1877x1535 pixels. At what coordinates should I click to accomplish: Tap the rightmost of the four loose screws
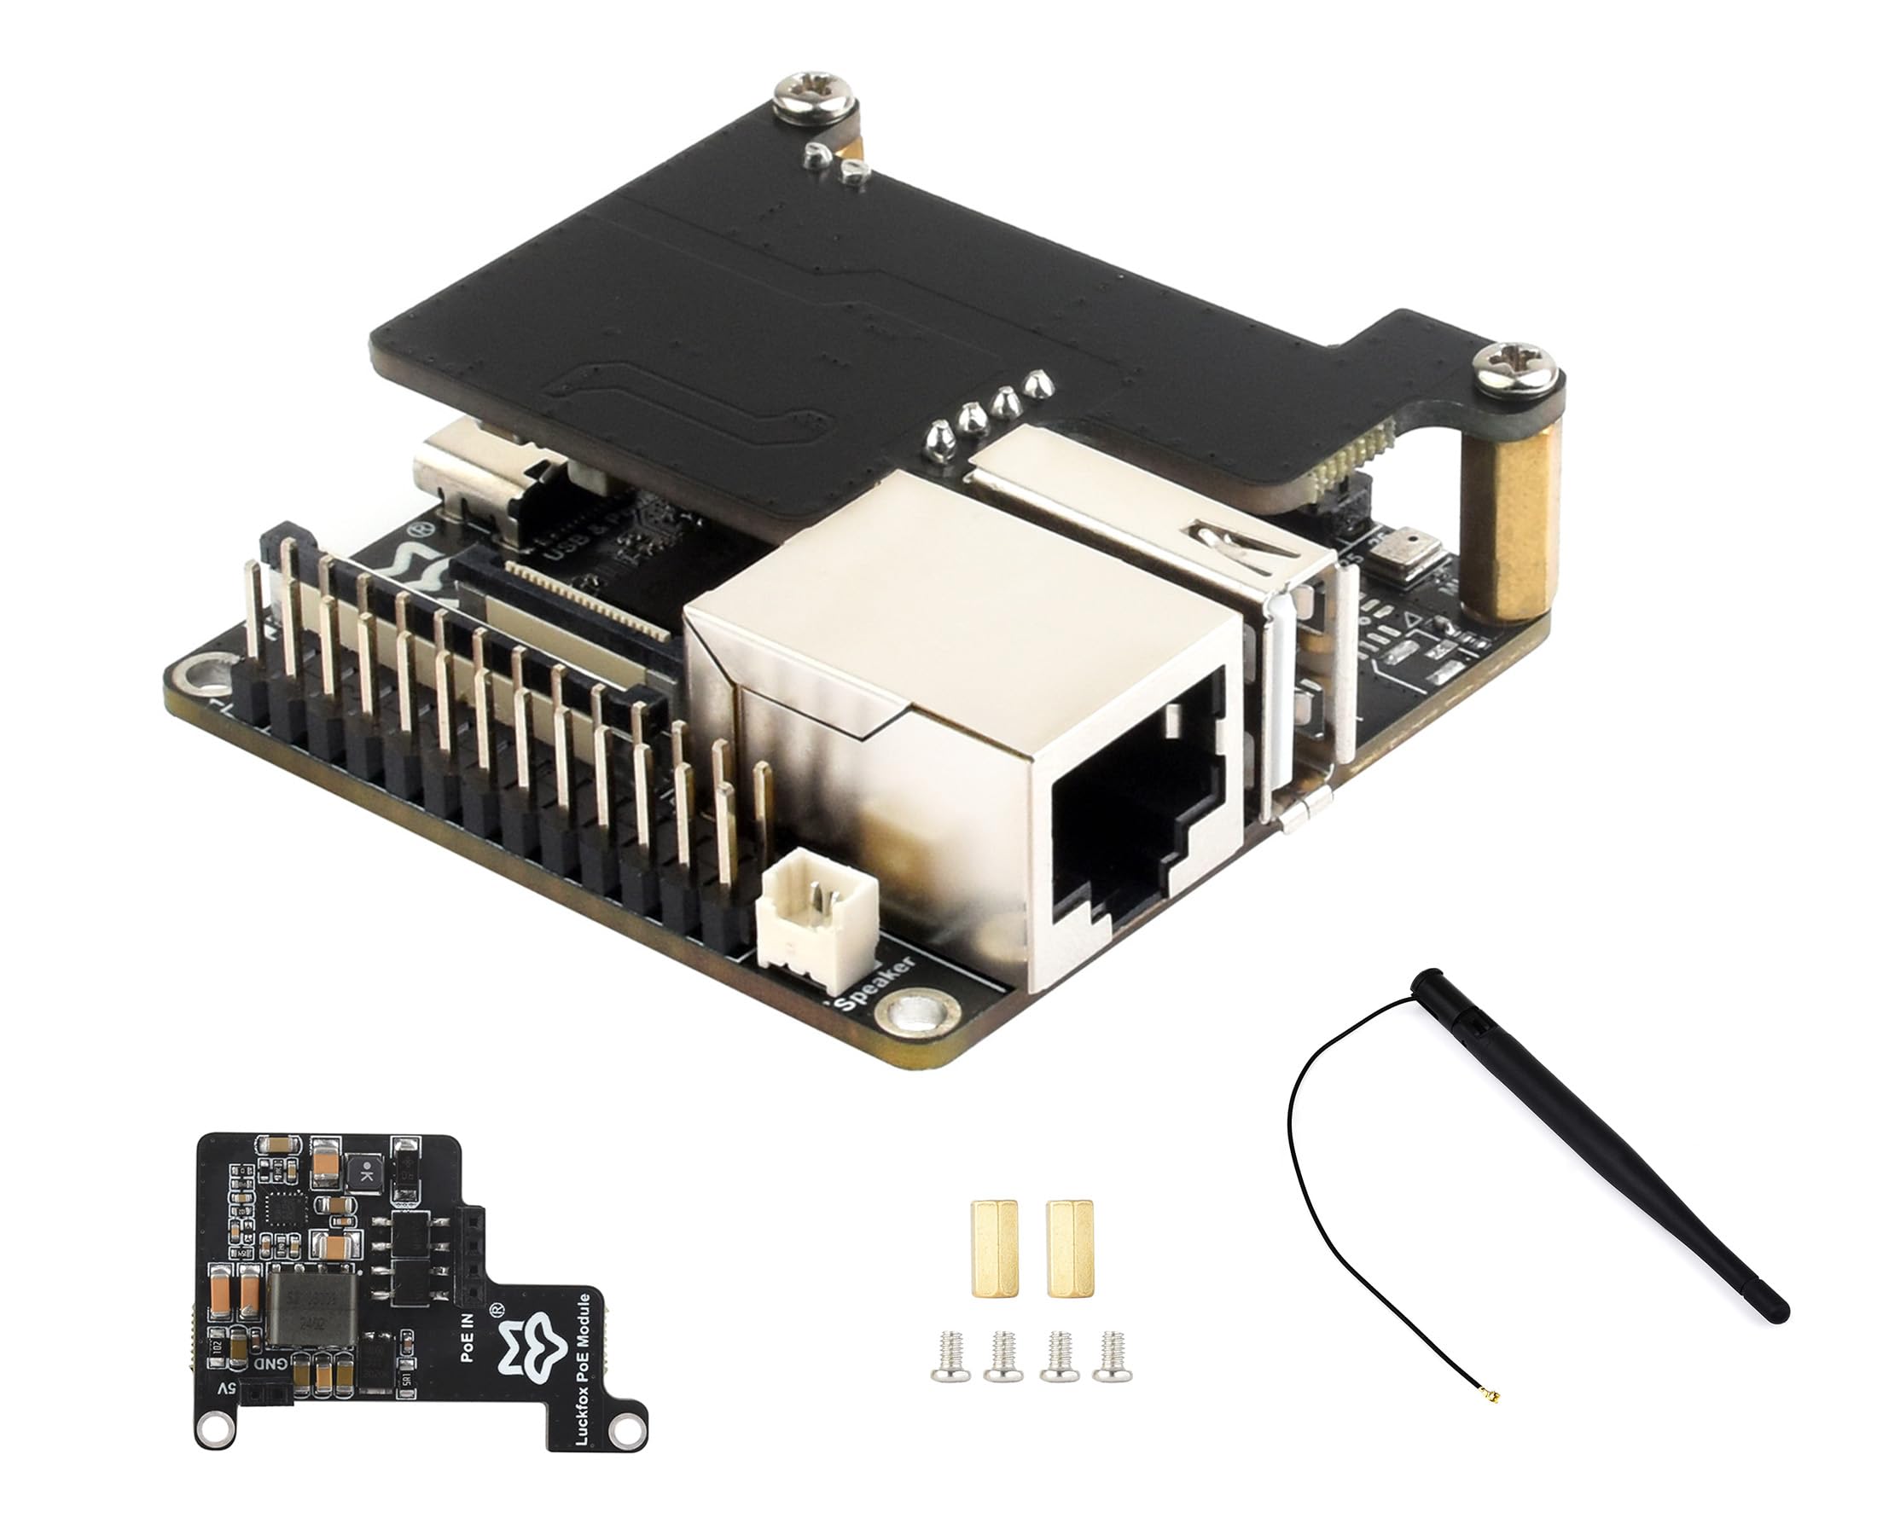(x=1112, y=1357)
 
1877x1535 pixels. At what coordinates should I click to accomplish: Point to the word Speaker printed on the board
(x=875, y=984)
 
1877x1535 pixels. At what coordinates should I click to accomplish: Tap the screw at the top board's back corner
(x=815, y=95)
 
